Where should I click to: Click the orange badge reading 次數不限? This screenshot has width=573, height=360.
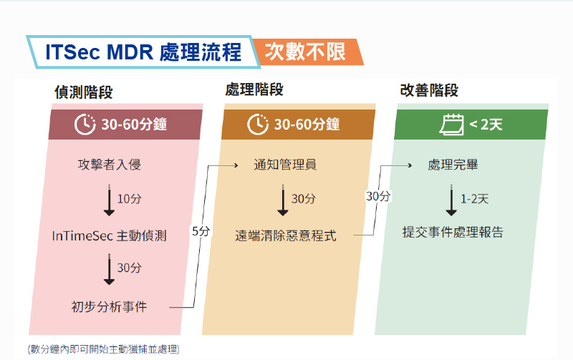click(x=308, y=52)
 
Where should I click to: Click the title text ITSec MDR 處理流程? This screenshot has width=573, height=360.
click(x=143, y=52)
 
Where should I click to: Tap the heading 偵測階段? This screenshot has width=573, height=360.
click(x=84, y=92)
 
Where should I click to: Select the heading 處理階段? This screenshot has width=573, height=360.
click(x=254, y=89)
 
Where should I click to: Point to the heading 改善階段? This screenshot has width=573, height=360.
click(x=429, y=90)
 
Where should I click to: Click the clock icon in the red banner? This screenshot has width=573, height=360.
click(x=85, y=124)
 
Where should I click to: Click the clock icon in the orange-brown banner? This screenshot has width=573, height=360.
click(x=258, y=124)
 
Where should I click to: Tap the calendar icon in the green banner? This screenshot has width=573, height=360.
click(x=451, y=125)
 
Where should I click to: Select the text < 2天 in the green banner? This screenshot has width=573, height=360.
click(x=486, y=125)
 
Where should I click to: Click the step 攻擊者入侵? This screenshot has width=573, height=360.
click(x=110, y=165)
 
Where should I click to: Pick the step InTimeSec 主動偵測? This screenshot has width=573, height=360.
click(x=110, y=236)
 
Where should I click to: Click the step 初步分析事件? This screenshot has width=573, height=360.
click(x=110, y=307)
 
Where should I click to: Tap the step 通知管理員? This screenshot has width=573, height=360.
click(x=285, y=165)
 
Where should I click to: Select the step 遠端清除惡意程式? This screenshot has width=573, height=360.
click(x=286, y=236)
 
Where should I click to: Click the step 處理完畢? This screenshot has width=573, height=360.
click(x=453, y=165)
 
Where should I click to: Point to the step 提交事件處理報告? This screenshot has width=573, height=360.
click(x=453, y=232)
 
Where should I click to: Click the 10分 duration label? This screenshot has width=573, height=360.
click(x=130, y=199)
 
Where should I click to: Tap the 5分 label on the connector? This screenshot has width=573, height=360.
click(x=201, y=231)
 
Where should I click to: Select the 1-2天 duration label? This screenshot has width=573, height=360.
click(x=475, y=199)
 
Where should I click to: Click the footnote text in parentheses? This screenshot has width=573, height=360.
click(x=104, y=349)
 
